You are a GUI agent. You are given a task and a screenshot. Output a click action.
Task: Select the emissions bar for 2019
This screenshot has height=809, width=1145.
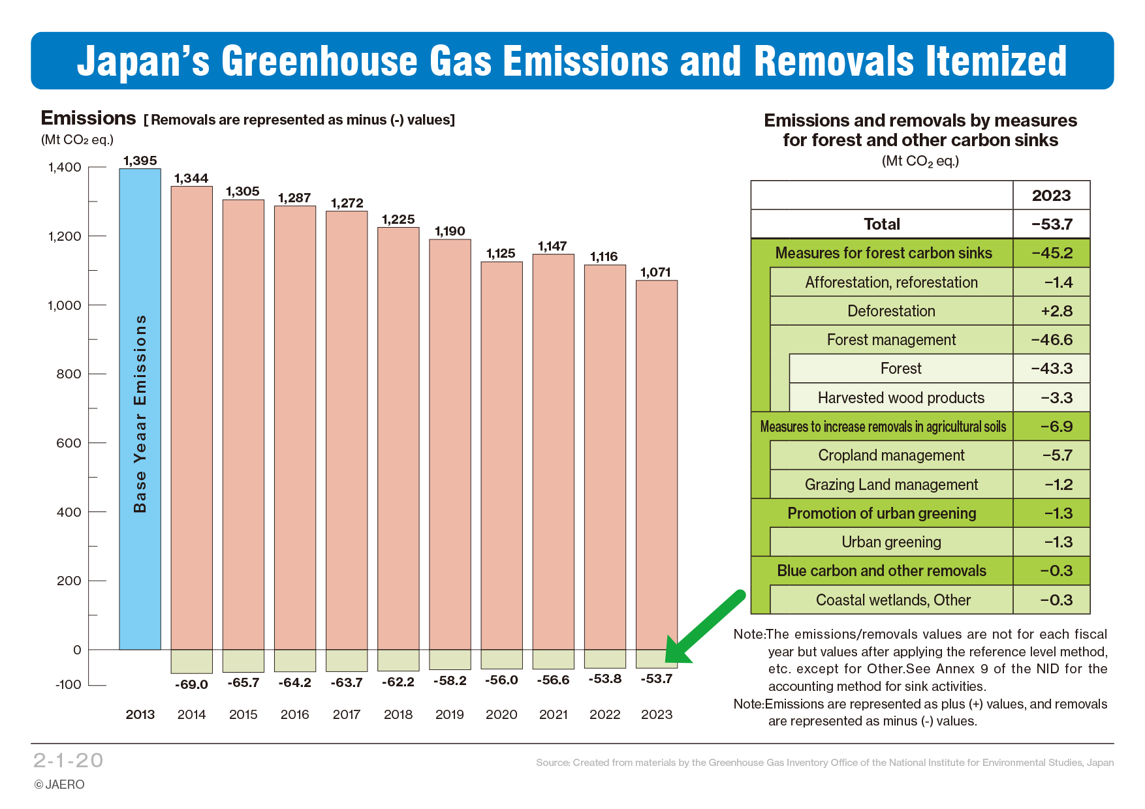(x=450, y=444)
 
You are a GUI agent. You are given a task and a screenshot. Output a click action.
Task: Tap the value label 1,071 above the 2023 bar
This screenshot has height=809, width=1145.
(x=655, y=272)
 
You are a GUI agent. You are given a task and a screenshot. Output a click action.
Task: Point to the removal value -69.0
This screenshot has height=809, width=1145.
(x=191, y=684)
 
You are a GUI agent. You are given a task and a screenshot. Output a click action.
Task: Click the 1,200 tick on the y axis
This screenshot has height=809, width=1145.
(x=65, y=236)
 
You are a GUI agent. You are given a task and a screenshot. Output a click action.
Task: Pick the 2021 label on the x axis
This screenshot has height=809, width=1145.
(x=553, y=714)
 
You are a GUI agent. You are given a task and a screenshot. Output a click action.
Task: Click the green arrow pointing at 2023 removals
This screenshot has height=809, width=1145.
(x=705, y=627)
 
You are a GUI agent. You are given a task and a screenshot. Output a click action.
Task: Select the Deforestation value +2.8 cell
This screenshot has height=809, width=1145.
(x=1051, y=311)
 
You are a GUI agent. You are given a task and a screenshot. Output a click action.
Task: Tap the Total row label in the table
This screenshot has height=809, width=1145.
(x=881, y=224)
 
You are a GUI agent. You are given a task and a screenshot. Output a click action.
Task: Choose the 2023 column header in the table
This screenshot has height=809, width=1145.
(x=1051, y=196)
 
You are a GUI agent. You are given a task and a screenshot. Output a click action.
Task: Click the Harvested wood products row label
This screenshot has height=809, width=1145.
(x=901, y=398)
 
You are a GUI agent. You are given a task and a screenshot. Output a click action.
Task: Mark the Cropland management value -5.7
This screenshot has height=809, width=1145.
(x=1051, y=455)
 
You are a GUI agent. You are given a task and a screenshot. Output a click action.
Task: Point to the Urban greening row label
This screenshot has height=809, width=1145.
(x=891, y=542)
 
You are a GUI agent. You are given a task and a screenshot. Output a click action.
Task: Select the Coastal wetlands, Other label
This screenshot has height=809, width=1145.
(x=893, y=600)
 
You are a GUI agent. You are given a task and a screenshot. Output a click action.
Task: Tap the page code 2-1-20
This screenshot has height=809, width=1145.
(x=69, y=760)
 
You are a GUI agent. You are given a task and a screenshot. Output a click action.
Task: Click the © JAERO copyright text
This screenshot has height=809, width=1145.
(x=59, y=784)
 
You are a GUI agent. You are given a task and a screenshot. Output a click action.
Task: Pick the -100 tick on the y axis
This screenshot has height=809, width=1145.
(x=68, y=684)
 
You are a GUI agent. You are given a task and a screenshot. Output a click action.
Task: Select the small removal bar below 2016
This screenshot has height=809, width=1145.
(x=295, y=660)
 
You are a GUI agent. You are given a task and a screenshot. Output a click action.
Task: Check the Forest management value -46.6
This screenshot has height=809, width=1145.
(x=1051, y=340)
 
